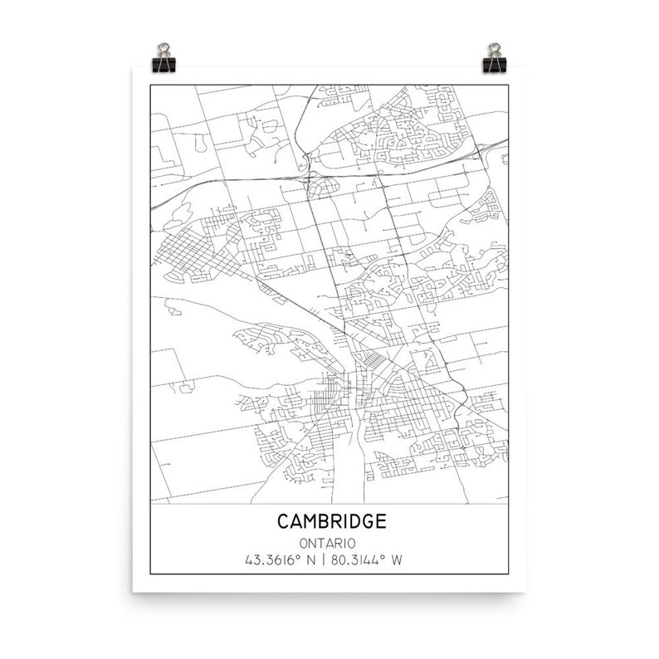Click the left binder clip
click(x=163, y=60)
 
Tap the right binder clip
click(x=495, y=60)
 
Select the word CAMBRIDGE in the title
click(x=331, y=521)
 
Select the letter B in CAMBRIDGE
click(x=322, y=521)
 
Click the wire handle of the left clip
click(x=163, y=48)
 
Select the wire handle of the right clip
click(x=495, y=48)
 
